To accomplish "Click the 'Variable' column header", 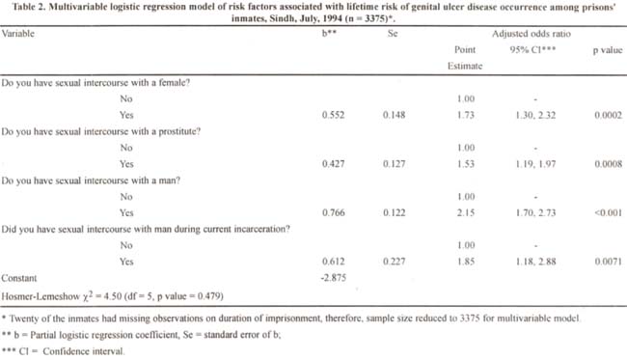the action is coord(18,34).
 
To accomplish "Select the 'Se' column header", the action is coord(393,34).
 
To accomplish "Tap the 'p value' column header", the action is coord(608,50).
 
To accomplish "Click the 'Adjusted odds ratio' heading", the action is coord(532,34).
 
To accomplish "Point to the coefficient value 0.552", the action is coord(333,115).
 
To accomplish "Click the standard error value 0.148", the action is coord(394,115).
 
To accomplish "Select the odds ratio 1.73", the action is coord(466,115).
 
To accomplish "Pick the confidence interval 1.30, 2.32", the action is coord(535,115).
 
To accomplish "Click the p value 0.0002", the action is coord(609,115).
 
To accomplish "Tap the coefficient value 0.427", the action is coord(333,164).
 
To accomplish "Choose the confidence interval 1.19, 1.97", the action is coord(535,164).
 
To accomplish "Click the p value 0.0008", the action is coord(609,164).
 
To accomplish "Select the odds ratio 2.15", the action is coord(466,212).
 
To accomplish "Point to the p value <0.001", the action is coord(609,212).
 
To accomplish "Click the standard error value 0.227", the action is coord(394,262).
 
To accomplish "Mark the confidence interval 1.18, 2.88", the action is coord(535,262).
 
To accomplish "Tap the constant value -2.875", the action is coord(333,278).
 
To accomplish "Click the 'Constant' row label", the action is coord(18,278).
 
